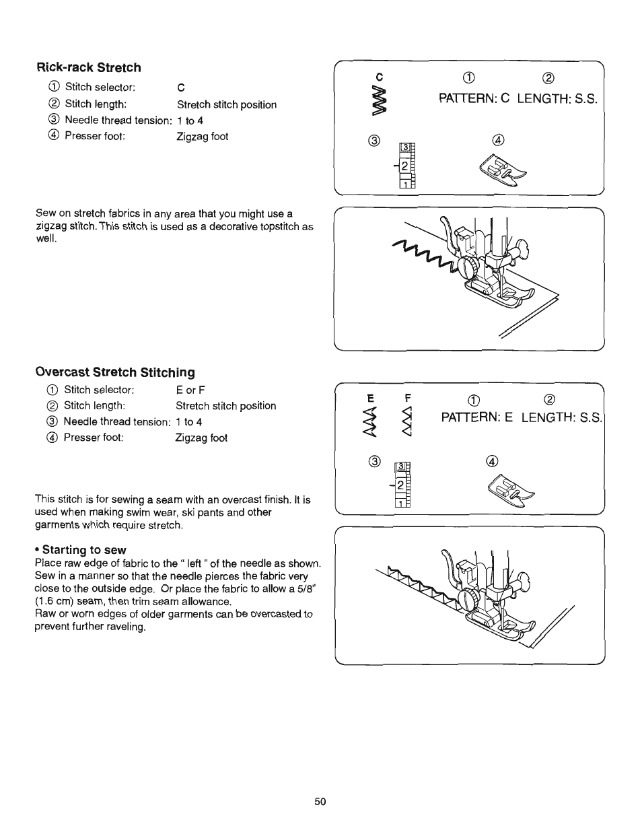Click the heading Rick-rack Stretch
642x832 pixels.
click(88, 67)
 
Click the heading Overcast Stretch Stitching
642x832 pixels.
click(114, 372)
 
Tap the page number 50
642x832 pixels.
click(320, 801)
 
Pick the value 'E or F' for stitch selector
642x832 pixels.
click(190, 390)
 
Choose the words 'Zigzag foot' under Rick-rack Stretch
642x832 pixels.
click(203, 137)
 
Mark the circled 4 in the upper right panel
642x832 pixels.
click(498, 140)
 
